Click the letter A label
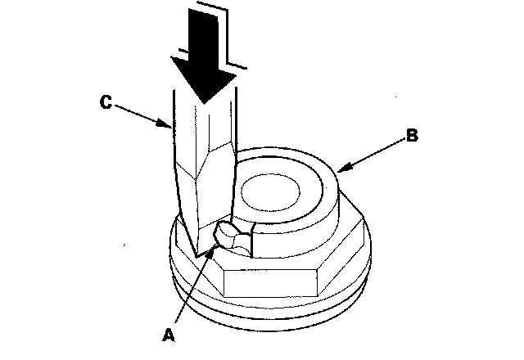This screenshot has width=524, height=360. pyautogui.click(x=169, y=334)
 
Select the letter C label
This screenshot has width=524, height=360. pyautogui.click(x=105, y=102)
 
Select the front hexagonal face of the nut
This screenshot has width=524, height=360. pyautogui.click(x=270, y=282)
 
